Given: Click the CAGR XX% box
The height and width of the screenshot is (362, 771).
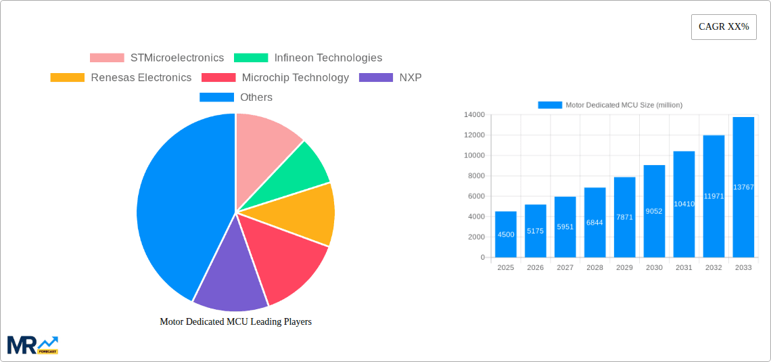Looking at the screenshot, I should pyautogui.click(x=724, y=27).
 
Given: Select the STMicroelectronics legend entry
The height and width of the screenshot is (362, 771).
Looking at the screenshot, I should pyautogui.click(x=157, y=58).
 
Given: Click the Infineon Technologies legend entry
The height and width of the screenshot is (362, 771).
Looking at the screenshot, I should pyautogui.click(x=308, y=58).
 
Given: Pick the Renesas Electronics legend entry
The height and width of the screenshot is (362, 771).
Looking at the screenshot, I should pyautogui.click(x=121, y=78).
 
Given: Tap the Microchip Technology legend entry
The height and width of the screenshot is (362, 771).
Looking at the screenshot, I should pyautogui.click(x=275, y=78).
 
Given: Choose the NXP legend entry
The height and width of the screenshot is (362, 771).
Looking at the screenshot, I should pyautogui.click(x=391, y=78).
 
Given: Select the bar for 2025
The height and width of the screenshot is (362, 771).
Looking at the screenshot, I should pyautogui.click(x=506, y=234).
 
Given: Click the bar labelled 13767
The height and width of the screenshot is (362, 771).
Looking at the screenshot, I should pyautogui.click(x=743, y=187).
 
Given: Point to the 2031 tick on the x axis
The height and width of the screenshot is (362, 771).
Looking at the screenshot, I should pyautogui.click(x=684, y=268).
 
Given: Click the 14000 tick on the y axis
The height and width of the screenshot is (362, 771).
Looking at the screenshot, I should pyautogui.click(x=473, y=115).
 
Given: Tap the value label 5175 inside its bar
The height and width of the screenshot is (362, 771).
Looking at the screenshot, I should pyautogui.click(x=535, y=231).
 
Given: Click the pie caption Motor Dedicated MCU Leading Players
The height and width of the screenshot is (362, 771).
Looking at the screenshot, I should pyautogui.click(x=235, y=322).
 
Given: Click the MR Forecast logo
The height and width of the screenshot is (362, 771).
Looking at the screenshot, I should pyautogui.click(x=32, y=344).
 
